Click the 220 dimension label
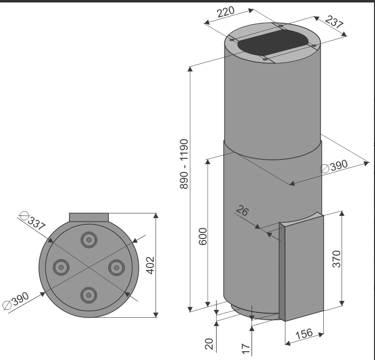(226, 12)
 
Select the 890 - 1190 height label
(184, 164)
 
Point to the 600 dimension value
(203, 237)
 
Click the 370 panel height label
(337, 259)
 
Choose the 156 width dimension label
(304, 334)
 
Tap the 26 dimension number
(242, 210)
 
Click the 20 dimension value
(209, 344)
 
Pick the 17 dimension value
(246, 349)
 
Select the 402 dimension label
(151, 266)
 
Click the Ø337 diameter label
(32, 221)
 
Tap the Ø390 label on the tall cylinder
(334, 166)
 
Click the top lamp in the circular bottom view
(89, 240)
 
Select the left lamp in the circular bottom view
(61, 267)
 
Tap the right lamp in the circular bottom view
(117, 268)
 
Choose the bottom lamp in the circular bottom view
(89, 295)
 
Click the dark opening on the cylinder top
(273, 42)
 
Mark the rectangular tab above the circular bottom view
(89, 217)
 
